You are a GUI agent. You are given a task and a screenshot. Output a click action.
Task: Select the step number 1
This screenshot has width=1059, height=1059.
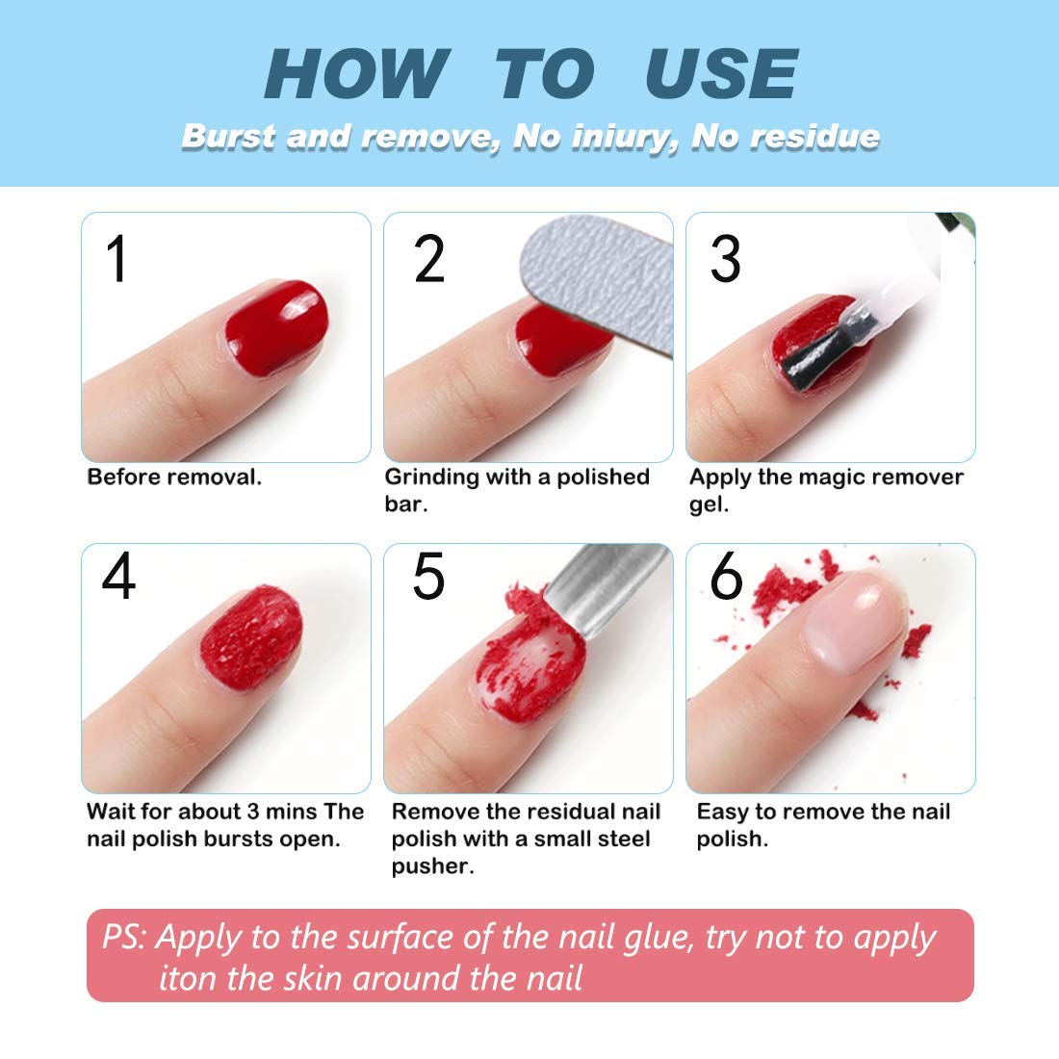click(x=117, y=259)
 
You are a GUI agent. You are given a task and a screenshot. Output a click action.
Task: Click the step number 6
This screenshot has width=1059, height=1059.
click(x=726, y=577)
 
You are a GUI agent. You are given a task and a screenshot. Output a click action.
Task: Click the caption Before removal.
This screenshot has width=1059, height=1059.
click(x=174, y=478)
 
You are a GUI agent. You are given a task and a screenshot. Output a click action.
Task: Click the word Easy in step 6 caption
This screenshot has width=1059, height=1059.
click(x=723, y=812)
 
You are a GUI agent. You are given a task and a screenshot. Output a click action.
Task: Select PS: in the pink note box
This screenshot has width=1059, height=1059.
click(x=124, y=937)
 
